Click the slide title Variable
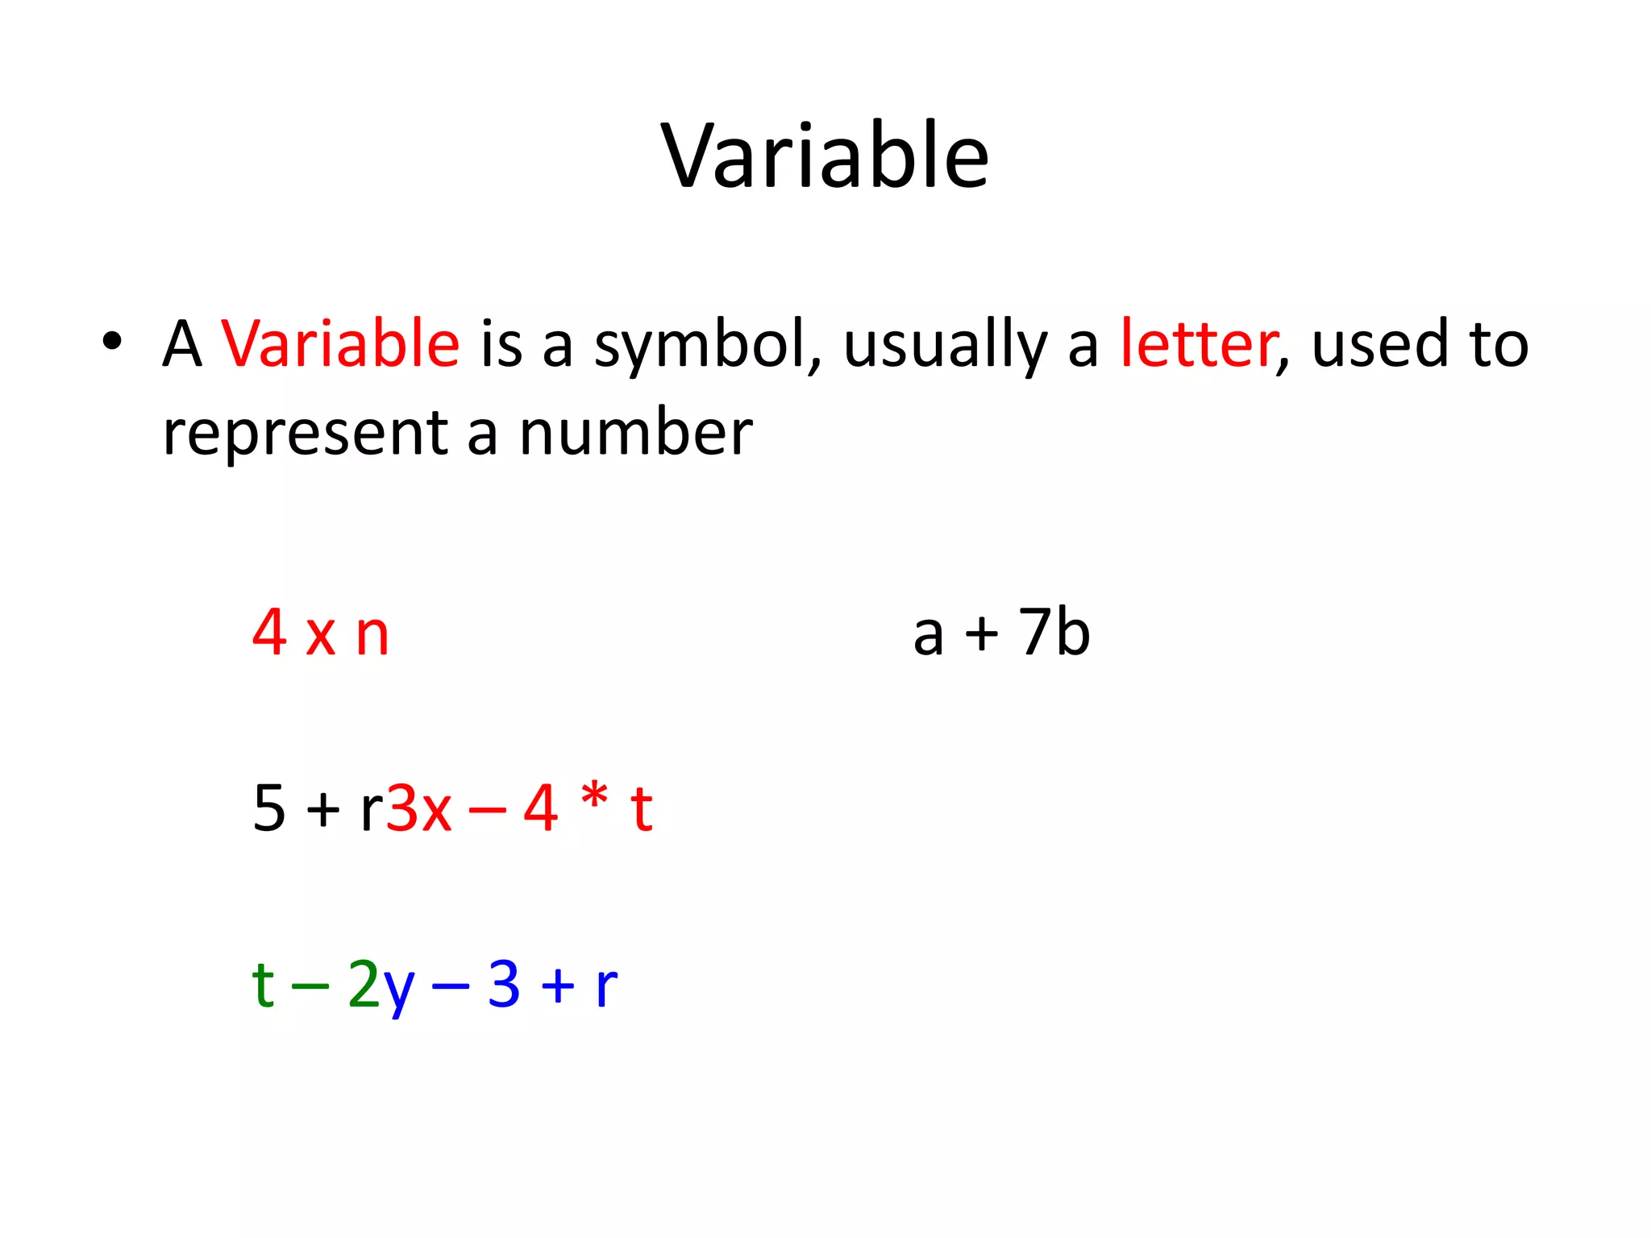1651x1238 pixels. point(825,156)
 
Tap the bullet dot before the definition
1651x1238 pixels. point(112,342)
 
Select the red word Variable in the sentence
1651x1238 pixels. point(340,344)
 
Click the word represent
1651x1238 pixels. point(305,434)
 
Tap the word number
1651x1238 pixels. point(635,432)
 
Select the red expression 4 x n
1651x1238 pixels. point(321,634)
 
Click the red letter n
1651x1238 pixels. point(372,635)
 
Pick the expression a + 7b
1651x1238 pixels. point(1001,634)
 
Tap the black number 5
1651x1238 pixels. point(269,808)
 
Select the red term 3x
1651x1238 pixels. point(418,808)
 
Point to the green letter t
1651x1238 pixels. point(263,984)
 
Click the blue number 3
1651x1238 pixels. point(504,984)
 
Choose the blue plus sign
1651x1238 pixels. point(558,987)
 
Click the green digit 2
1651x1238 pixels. point(364,984)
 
